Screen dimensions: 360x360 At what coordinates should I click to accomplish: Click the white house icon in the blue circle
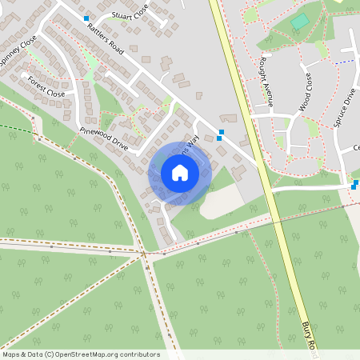coord(180,173)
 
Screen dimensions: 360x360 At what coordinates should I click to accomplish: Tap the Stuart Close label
coord(131,14)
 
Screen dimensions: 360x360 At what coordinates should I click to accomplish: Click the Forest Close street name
coord(46,86)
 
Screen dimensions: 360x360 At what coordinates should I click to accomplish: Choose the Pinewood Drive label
coord(103,138)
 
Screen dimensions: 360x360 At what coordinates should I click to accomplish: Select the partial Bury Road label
coord(309,336)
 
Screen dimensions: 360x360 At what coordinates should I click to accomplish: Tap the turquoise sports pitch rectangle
coord(300,22)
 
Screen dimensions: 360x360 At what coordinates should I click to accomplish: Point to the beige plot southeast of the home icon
coord(218,202)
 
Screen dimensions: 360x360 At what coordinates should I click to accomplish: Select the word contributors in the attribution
coord(139,354)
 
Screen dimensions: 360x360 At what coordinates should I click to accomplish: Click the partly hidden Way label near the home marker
coord(191,145)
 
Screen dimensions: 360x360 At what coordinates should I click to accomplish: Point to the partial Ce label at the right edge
coord(357,148)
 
